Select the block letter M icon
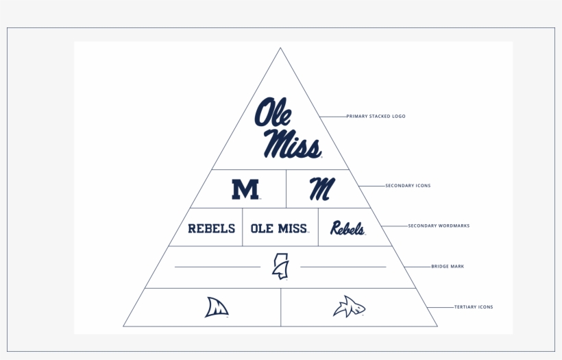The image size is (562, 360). click(x=245, y=189)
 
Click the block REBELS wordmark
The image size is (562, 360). click(x=211, y=228)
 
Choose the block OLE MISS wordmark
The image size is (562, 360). click(x=279, y=228)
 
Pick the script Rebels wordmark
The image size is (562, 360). click(x=347, y=228)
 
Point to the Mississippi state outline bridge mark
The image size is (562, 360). click(x=280, y=266)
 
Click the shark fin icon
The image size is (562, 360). click(x=217, y=307)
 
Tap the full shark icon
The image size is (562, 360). click(x=349, y=307)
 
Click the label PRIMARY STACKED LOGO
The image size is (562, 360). click(x=376, y=117)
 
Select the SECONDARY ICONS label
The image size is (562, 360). click(x=408, y=186)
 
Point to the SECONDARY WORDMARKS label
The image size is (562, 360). click(x=439, y=226)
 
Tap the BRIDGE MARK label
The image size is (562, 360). click(x=448, y=266)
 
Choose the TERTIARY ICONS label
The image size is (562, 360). click(x=473, y=307)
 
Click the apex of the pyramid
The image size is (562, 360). click(x=280, y=48)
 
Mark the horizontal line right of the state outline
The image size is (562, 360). click(x=343, y=266)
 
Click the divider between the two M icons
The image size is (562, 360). click(x=286, y=189)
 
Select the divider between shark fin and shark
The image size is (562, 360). click(x=281, y=307)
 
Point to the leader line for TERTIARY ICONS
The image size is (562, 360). click(x=439, y=307)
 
